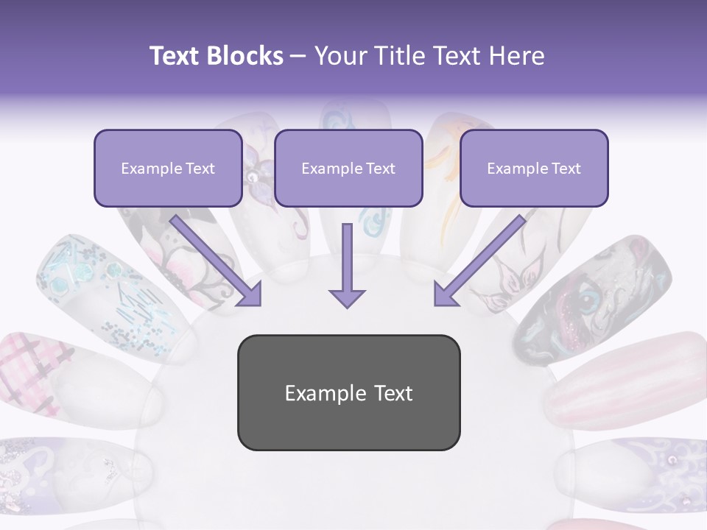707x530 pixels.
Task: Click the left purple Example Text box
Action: point(168,168)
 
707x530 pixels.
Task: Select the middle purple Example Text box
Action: point(348,168)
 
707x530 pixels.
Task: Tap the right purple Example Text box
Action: point(534,168)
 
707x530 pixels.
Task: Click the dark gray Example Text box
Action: point(348,392)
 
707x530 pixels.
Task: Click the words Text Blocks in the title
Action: point(216,56)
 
